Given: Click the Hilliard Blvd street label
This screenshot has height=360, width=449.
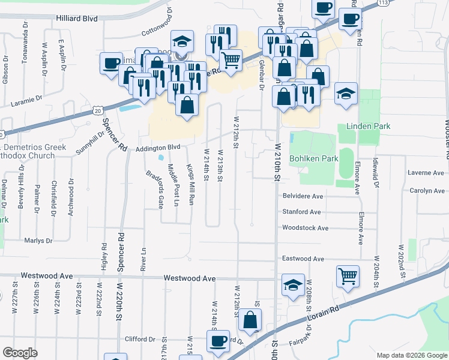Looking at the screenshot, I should [x=77, y=19].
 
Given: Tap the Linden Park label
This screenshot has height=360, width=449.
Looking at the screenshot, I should [x=368, y=127].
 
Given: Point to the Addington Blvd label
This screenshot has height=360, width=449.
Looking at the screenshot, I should [x=158, y=147].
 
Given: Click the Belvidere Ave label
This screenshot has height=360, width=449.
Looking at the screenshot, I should [x=303, y=196].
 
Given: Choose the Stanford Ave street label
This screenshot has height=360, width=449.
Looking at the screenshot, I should [x=302, y=212].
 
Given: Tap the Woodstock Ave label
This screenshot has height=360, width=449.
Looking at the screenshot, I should [x=306, y=228].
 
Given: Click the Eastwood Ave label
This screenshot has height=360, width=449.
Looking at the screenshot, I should [x=304, y=259].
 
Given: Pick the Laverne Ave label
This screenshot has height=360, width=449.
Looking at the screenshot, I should [x=425, y=173].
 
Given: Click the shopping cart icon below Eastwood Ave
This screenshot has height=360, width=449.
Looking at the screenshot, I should [x=348, y=276].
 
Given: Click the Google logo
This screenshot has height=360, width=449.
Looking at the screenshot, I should [x=20, y=353].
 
